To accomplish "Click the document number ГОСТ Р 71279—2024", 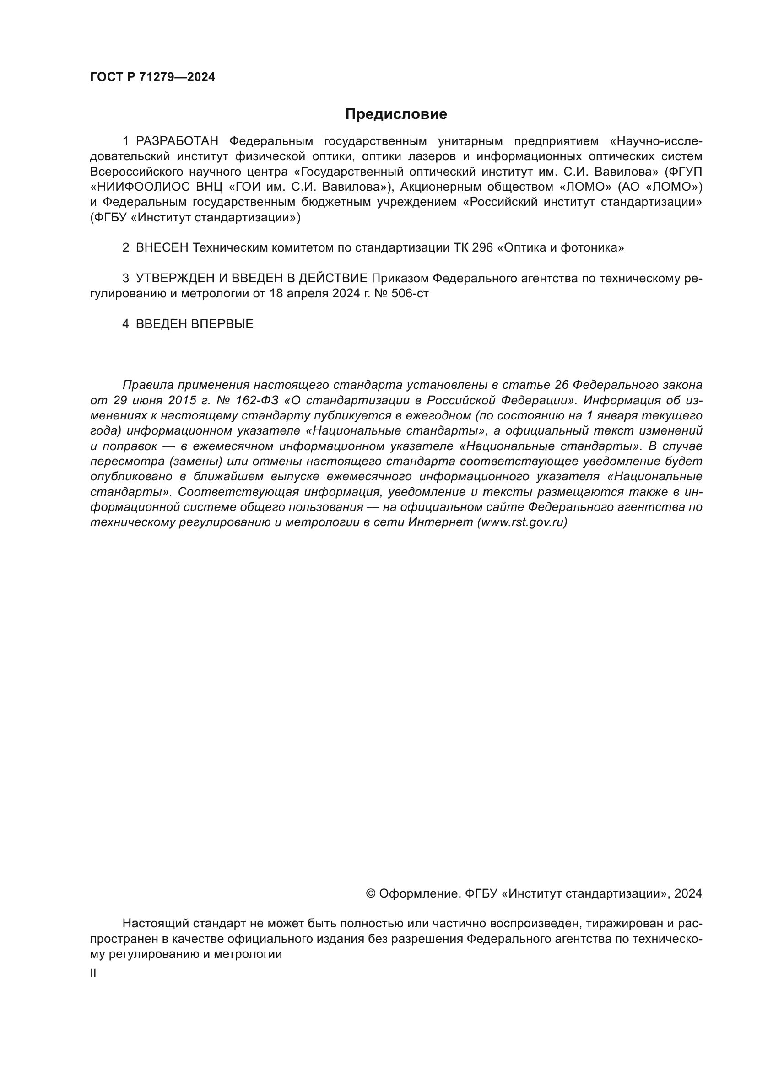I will [x=152, y=77].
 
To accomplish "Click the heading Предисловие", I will [x=396, y=114].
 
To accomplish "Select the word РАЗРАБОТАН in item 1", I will [x=177, y=141].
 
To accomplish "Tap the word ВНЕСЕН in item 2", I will [x=162, y=248].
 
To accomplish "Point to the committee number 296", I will [x=482, y=248].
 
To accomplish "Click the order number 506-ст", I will [x=411, y=294].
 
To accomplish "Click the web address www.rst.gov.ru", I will [x=522, y=522].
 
